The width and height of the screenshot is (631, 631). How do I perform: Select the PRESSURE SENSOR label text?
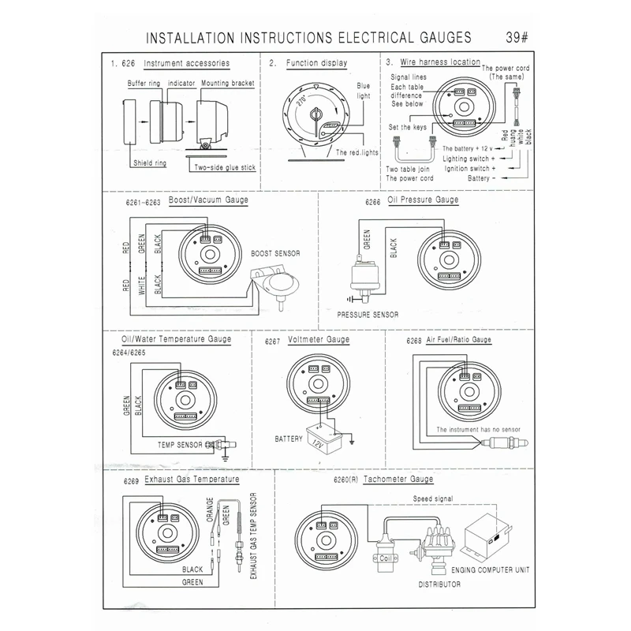(x=368, y=314)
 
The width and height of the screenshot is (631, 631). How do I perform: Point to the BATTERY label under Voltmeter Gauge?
(x=289, y=438)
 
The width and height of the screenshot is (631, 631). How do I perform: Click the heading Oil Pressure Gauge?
(x=424, y=200)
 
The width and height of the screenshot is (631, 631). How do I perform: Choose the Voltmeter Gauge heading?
(x=319, y=339)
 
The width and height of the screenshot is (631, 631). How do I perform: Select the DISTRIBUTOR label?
(x=439, y=584)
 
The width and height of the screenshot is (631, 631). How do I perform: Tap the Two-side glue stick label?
(x=224, y=167)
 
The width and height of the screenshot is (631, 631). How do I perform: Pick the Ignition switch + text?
(x=469, y=169)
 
